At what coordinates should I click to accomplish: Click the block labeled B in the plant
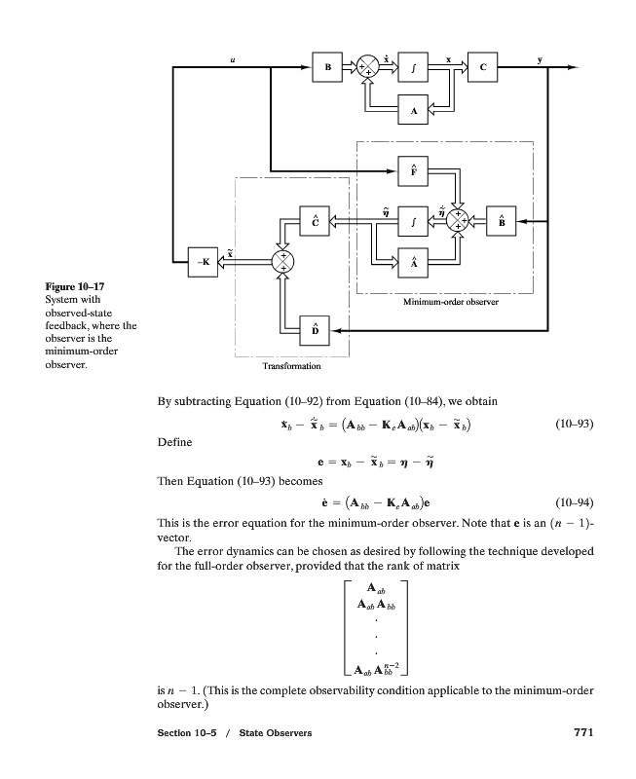click(326, 67)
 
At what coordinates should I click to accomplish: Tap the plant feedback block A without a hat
click(413, 111)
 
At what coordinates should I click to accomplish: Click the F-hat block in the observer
click(413, 170)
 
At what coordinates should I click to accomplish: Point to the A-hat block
click(413, 265)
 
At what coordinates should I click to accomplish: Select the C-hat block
click(315, 221)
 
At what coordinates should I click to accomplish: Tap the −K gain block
click(203, 261)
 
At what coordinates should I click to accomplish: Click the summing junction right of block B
click(368, 67)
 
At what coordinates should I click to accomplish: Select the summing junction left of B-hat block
click(458, 221)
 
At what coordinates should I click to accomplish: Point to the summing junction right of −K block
click(282, 261)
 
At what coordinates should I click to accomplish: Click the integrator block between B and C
click(413, 67)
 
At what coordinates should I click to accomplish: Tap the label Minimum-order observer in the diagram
click(443, 303)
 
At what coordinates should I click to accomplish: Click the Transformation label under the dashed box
click(291, 367)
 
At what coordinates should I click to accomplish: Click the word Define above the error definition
click(174, 442)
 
